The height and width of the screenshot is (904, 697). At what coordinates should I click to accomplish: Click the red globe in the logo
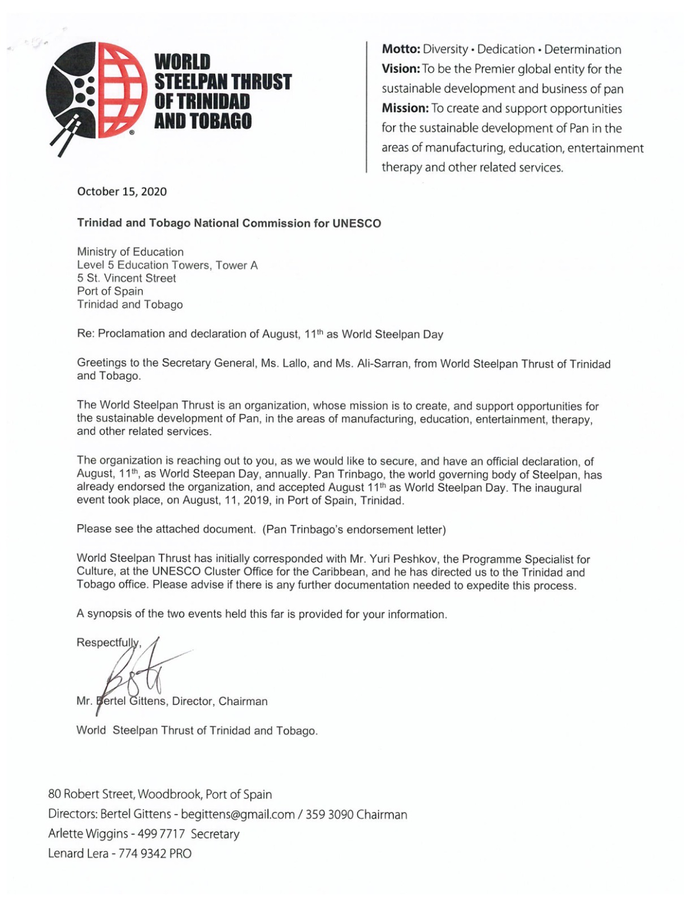[122, 90]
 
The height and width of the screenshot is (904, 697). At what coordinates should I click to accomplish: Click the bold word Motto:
[401, 50]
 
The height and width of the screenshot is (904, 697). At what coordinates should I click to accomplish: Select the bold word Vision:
[400, 69]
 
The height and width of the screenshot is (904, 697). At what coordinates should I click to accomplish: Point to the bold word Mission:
[405, 108]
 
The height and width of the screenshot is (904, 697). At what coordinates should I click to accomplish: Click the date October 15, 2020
[122, 192]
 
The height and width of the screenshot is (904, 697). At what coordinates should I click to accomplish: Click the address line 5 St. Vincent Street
[126, 278]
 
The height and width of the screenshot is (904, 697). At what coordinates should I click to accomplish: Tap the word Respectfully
[107, 642]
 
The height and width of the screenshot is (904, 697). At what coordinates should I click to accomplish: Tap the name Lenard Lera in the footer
[77, 853]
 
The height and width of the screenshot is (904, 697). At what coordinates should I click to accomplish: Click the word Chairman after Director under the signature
[243, 702]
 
